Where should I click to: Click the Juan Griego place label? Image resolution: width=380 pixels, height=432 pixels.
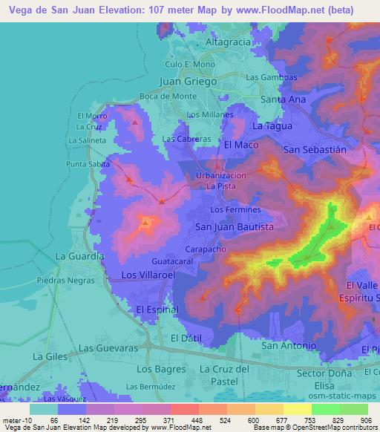(x=188, y=82)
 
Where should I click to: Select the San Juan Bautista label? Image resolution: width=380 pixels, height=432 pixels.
(x=234, y=226)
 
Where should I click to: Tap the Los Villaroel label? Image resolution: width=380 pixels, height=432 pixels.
(x=148, y=275)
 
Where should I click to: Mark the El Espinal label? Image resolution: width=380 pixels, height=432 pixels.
(x=157, y=308)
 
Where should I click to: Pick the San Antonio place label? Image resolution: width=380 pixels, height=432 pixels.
(x=289, y=346)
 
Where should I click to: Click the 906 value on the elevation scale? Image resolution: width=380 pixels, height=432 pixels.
(x=367, y=419)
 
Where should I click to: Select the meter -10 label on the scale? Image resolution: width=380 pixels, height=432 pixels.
(x=16, y=419)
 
